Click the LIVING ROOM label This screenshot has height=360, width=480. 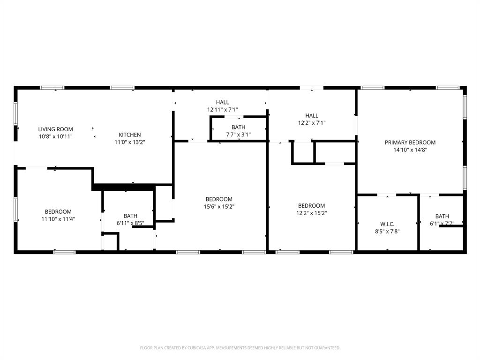(55, 129)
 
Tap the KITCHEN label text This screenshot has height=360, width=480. (129, 135)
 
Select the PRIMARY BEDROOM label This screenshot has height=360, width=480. (410, 142)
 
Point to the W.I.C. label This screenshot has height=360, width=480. (387, 224)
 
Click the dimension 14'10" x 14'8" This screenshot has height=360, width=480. (410, 150)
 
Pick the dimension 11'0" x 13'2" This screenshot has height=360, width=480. (129, 142)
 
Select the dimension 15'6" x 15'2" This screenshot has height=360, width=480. (219, 206)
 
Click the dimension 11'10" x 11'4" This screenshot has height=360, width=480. (58, 219)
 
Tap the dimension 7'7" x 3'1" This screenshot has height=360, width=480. (238, 135)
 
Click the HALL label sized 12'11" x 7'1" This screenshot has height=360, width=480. (222, 102)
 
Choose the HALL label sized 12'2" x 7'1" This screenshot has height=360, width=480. (311, 116)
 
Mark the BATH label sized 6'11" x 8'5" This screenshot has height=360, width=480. (130, 216)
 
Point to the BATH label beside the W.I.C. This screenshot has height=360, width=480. (442, 216)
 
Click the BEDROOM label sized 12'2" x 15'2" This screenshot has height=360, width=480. (311, 206)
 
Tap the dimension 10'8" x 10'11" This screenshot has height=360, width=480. (55, 136)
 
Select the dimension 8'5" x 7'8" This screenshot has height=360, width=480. (387, 231)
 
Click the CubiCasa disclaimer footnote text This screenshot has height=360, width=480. (240, 348)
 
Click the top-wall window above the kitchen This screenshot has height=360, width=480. (123, 88)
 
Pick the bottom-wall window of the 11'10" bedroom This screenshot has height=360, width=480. (64, 252)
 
